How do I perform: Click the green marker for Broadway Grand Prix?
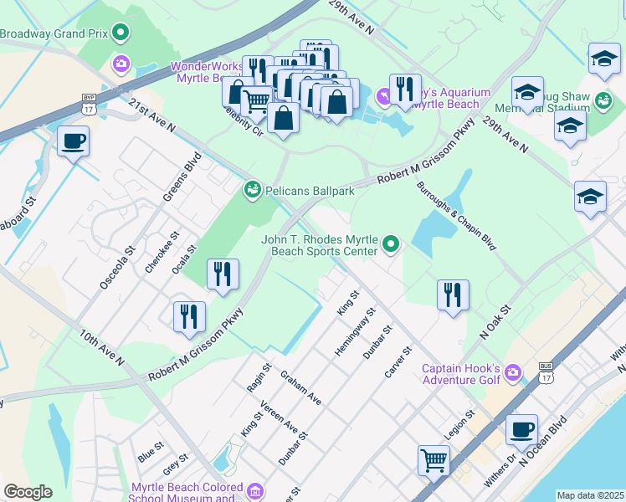tap(121, 33)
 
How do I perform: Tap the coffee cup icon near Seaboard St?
tap(74, 141)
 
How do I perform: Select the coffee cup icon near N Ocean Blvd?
tap(522, 429)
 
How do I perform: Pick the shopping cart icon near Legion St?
tap(434, 459)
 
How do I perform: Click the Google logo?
tap(28, 492)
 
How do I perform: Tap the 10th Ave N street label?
tap(102, 347)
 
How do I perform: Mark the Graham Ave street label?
tap(300, 388)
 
